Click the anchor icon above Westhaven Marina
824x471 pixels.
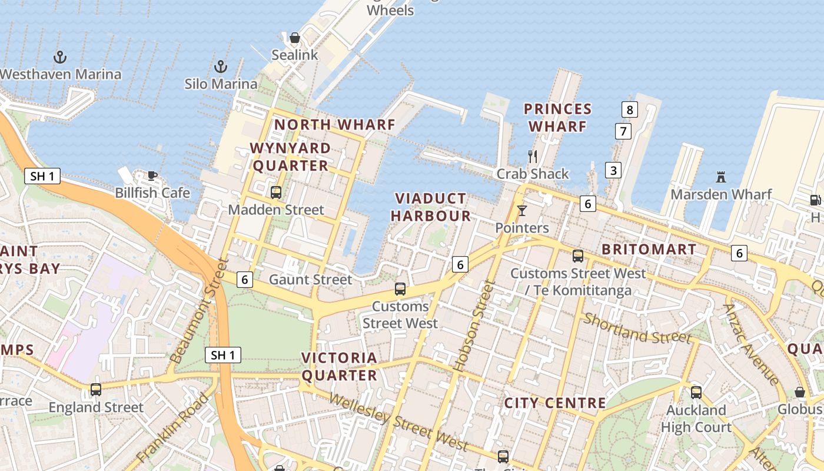pos(60,57)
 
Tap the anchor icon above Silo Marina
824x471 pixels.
pos(221,67)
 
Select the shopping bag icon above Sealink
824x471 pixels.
pos(295,38)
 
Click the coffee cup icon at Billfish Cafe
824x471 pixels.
pos(152,175)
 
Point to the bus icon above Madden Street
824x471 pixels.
pos(275,192)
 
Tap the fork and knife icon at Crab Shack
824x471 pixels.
pos(533,156)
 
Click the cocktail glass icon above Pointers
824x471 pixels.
pos(522,210)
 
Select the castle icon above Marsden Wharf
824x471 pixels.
pos(721,177)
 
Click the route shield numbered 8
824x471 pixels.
pos(630,109)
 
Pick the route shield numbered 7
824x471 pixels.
pos(623,131)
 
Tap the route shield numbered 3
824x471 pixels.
pos(613,171)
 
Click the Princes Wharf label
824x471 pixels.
pos(557,118)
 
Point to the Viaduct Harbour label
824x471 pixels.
pos(431,207)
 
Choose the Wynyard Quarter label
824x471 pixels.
pos(291,157)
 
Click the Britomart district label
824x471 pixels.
pos(649,249)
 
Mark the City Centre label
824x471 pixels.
pos(555,403)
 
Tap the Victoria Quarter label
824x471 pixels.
pos(339,366)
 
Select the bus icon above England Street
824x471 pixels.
pos(96,389)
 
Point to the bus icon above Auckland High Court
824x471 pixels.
pos(696,392)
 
